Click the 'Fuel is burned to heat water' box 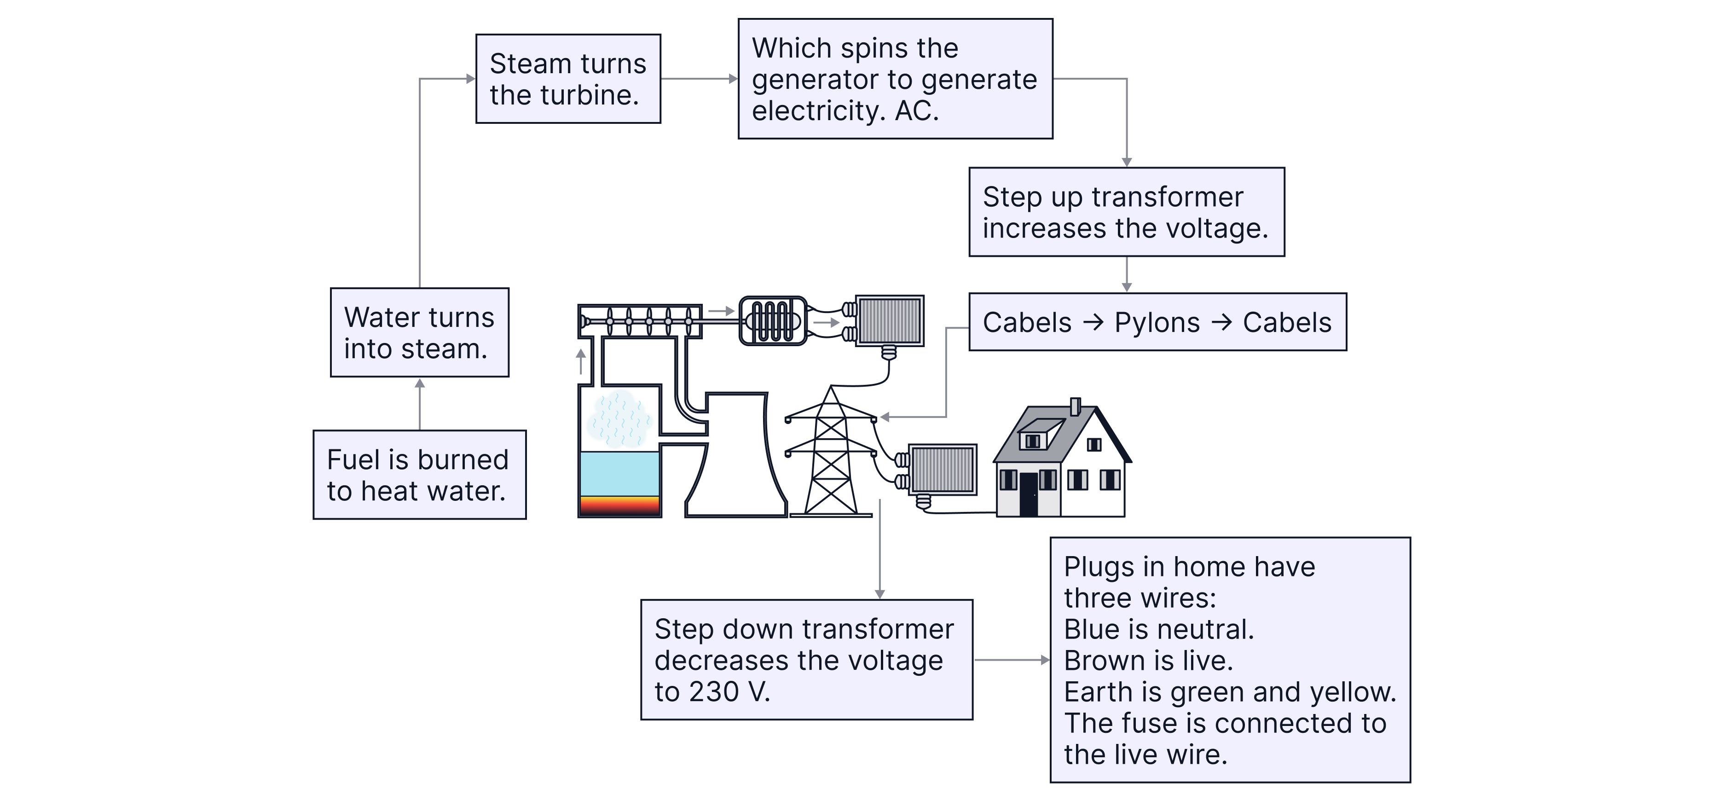click(x=419, y=475)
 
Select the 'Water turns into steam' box click(x=419, y=332)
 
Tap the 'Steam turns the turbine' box click(x=567, y=79)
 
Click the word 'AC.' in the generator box click(x=916, y=110)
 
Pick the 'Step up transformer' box click(x=1126, y=212)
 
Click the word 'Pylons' click(x=1157, y=323)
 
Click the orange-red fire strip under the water click(x=619, y=505)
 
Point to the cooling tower click(x=733, y=462)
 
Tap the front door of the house click(x=1028, y=494)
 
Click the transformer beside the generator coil click(x=890, y=321)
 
